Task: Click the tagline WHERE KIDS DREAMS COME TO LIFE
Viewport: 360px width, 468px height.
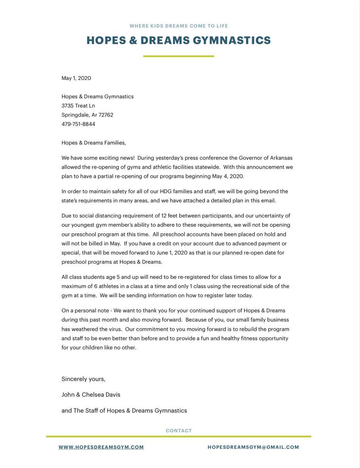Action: coord(179,26)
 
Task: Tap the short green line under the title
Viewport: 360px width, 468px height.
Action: coord(178,56)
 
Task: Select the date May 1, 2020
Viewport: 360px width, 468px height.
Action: coord(76,78)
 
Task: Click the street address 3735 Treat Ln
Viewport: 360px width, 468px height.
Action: coord(78,106)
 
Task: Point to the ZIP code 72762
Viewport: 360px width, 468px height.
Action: coord(106,115)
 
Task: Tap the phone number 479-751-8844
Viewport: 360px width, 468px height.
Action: coord(79,124)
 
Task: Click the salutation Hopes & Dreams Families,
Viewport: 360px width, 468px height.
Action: coord(94,143)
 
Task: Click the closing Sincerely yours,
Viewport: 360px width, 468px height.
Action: coord(84,379)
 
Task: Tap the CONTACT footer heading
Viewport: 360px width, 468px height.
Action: coord(179,431)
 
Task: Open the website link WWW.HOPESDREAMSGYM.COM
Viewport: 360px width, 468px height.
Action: coord(101,447)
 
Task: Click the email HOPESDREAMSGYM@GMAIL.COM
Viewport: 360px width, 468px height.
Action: coord(253,447)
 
